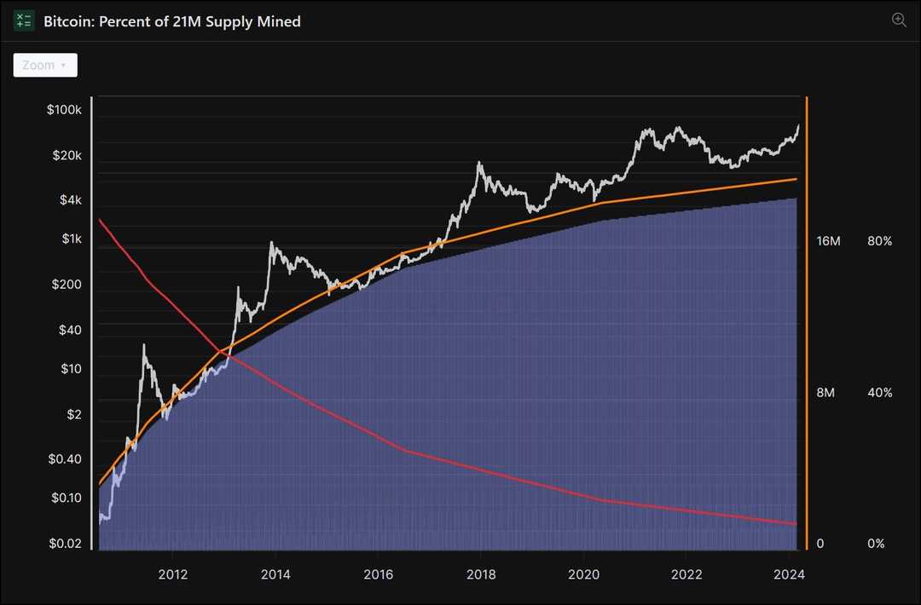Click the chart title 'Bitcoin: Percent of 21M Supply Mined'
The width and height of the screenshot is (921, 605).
tap(172, 21)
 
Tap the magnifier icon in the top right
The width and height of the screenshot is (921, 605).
tap(899, 20)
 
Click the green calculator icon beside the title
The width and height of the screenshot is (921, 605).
tap(24, 21)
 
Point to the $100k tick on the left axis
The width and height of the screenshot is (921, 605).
tap(65, 111)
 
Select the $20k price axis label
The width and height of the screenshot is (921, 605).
tap(67, 156)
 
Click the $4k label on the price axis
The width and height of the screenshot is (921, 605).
tap(70, 200)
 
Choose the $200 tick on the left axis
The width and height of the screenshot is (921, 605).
tap(67, 285)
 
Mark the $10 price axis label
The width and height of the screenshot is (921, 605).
tap(71, 370)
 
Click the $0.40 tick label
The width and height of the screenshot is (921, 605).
tap(66, 459)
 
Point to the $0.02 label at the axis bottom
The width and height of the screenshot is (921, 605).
tap(66, 544)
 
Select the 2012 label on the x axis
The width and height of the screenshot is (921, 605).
tap(172, 574)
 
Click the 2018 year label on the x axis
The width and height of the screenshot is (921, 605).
tap(481, 574)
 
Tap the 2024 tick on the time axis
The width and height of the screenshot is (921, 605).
tap(790, 574)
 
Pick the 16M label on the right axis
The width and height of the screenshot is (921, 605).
tap(828, 242)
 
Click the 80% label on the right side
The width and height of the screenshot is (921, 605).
tap(879, 242)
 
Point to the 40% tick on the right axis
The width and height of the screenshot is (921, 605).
tap(879, 393)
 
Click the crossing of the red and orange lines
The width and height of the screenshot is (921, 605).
tap(221, 350)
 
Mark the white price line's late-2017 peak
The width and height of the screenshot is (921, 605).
tap(479, 164)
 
